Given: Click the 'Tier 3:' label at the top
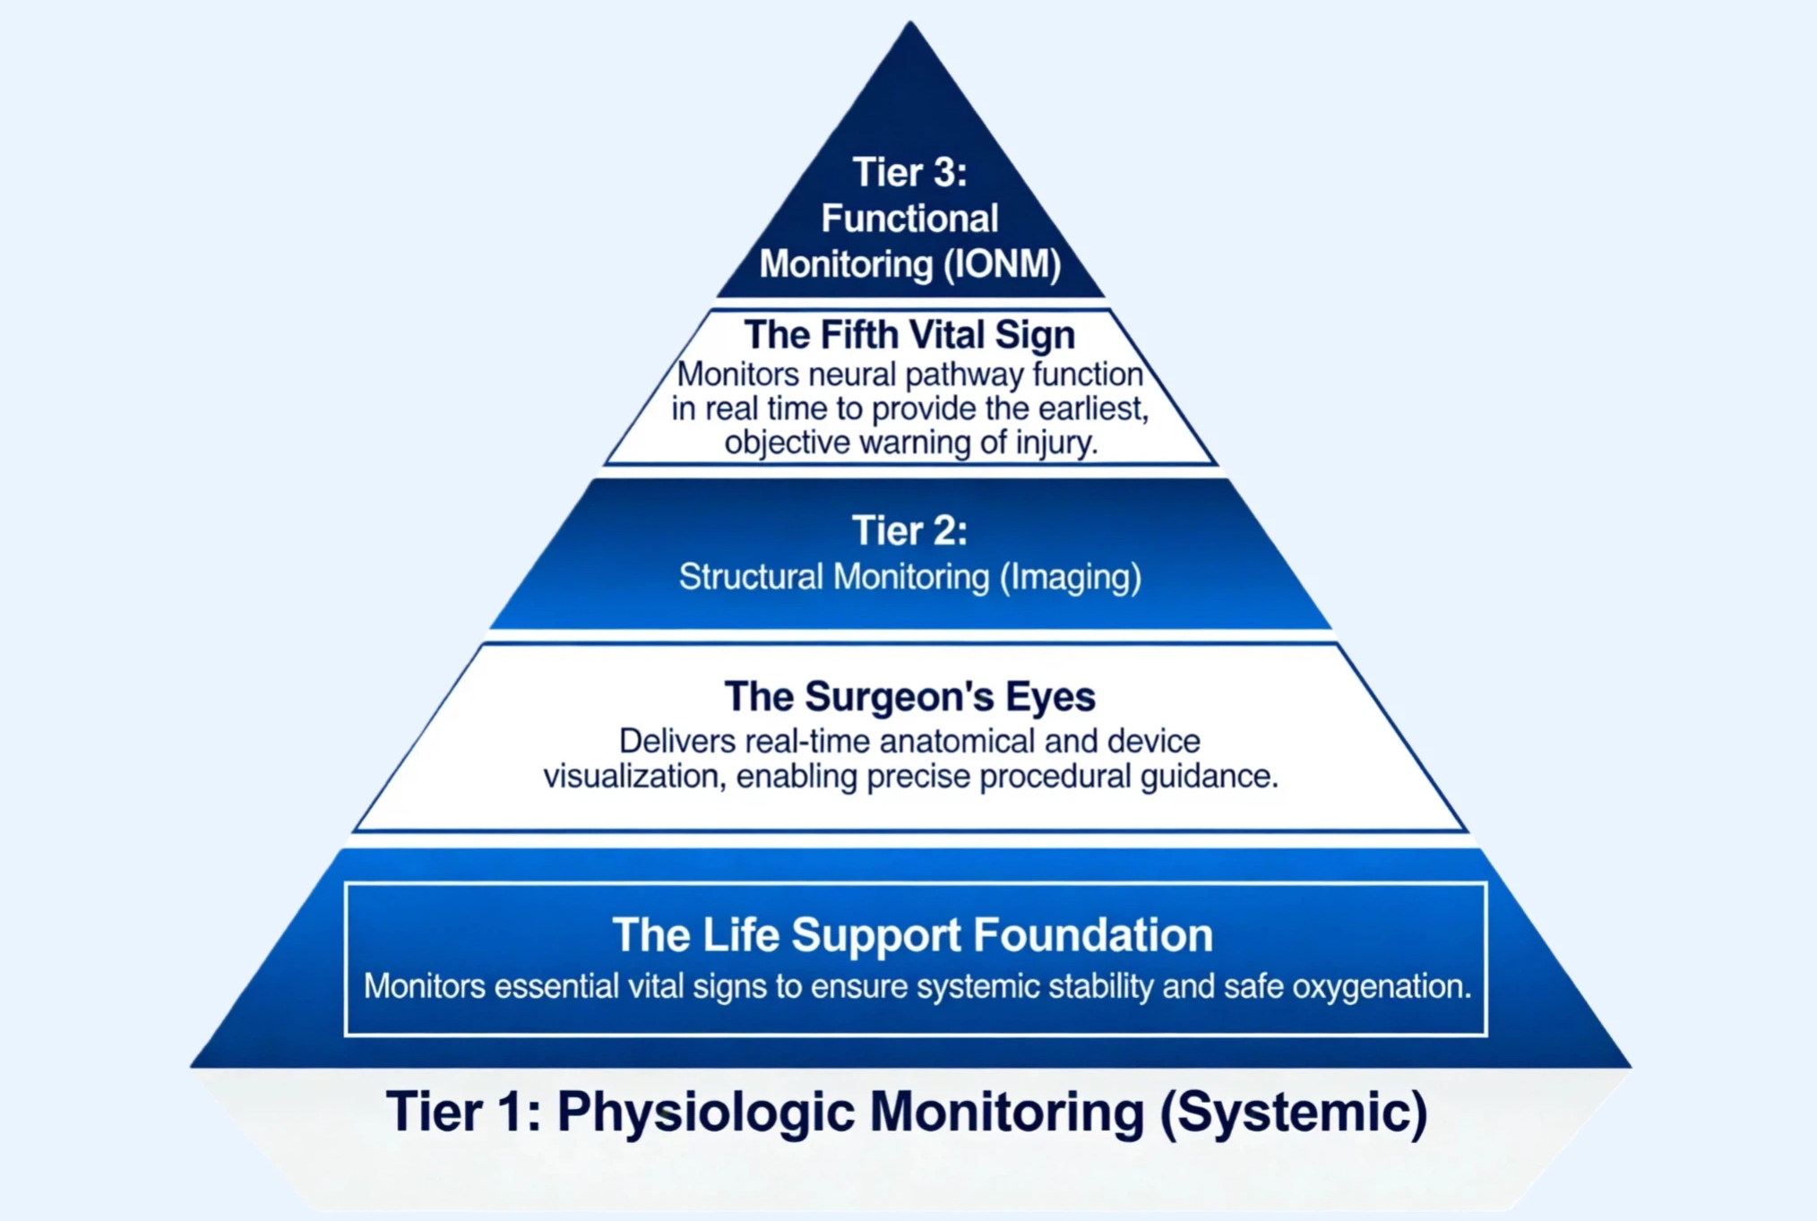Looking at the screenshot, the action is point(909,172).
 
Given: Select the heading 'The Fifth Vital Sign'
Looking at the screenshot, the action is point(909,335).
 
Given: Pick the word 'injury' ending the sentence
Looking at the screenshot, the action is point(1055,443).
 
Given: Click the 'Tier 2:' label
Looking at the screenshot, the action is point(909,530).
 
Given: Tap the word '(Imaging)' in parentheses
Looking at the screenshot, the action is point(1070,577).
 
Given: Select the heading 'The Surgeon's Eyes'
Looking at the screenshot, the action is point(909,696).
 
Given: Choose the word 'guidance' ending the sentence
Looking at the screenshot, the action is point(1208,777).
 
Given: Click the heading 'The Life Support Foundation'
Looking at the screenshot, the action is point(912,934).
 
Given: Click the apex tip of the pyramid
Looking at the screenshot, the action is point(910,21).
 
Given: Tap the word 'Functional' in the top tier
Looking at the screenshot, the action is point(909,219).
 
